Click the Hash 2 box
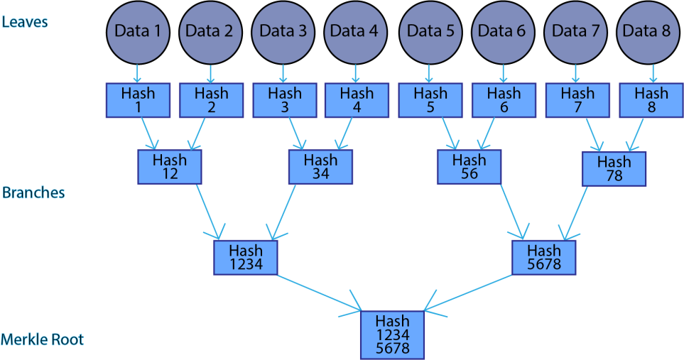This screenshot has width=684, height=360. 211,100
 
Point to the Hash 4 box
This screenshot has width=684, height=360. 357,100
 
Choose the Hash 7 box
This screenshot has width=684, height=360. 577,100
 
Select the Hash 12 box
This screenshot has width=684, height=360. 170,167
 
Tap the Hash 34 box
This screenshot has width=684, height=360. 320,167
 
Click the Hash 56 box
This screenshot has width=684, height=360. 469,167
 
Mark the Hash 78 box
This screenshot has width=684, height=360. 614,169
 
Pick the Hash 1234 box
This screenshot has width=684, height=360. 246,257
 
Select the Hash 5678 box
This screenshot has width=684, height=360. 544,257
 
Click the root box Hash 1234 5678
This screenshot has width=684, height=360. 392,334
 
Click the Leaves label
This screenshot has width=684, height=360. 25,21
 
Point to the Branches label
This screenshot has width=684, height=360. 33,193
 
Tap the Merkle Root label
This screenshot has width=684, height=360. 43,339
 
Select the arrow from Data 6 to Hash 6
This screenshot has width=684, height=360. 504,73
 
